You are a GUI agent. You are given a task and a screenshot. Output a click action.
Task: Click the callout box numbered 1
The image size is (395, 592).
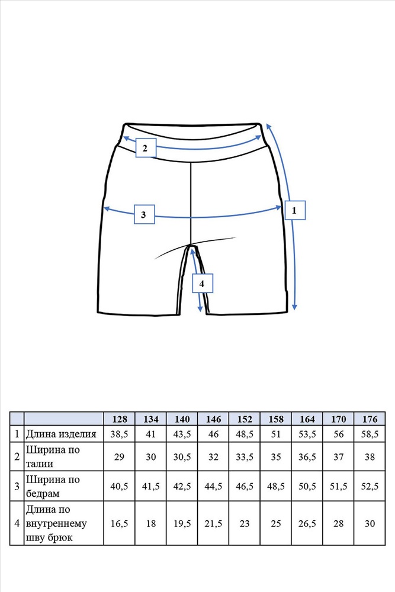295,210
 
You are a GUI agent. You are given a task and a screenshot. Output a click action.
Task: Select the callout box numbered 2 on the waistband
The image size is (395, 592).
146,148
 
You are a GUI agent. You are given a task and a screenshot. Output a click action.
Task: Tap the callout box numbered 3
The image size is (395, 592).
144,214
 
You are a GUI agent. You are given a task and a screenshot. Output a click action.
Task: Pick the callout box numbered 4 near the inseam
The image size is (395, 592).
202,283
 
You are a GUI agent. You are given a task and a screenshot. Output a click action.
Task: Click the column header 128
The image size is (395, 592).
120,419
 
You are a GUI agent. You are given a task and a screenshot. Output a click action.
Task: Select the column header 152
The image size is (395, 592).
245,419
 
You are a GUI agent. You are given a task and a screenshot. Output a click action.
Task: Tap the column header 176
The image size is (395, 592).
370,419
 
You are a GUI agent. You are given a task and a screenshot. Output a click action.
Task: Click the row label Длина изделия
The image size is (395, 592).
61,434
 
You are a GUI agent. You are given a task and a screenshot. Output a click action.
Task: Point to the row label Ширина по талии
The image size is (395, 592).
53,456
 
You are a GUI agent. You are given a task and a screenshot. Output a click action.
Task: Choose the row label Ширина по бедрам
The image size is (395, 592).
53,486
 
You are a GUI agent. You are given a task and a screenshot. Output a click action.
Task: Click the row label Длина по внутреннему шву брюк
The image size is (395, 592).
56,523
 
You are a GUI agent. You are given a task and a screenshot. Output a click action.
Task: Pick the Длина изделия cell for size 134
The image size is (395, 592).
150,434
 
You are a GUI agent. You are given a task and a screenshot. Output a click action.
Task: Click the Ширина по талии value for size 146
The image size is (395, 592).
213,457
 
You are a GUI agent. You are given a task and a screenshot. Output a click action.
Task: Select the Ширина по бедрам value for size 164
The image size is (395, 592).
307,486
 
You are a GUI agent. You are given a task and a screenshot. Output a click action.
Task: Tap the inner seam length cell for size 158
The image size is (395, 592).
276,523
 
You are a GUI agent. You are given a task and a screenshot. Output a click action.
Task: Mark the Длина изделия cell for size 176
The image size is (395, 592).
370,434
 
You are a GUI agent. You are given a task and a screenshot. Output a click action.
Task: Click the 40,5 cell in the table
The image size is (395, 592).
120,486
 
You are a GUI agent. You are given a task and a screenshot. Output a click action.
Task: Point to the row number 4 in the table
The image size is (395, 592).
17,523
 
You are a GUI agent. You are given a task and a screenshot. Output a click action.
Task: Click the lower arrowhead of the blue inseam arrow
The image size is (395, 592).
200,309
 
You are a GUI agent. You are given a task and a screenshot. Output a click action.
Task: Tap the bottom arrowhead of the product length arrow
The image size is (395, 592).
295,307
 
